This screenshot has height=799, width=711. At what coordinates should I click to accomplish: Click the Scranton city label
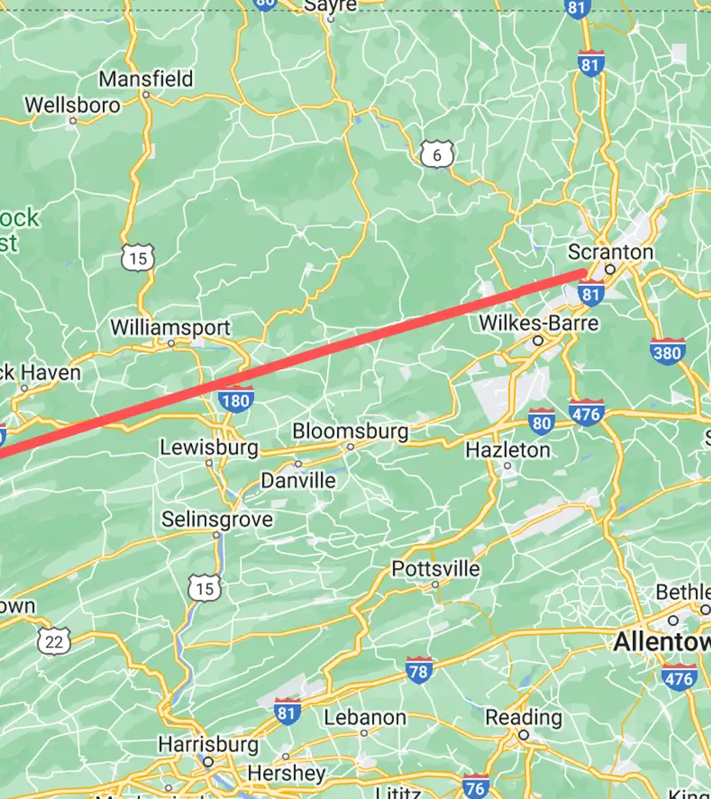coord(610,252)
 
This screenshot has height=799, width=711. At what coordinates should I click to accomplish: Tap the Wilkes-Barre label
coord(539,322)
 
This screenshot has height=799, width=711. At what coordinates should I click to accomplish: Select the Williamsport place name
coord(171,328)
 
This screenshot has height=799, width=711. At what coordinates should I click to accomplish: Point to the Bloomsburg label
coord(351,431)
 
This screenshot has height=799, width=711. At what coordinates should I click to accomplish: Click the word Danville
coord(298,480)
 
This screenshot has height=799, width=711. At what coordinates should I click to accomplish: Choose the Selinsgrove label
coord(217,519)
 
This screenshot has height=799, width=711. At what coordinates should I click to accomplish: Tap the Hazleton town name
coord(507,450)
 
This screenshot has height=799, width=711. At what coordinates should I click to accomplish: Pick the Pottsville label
coord(435,568)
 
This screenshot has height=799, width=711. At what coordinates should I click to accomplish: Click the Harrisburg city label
coord(208,743)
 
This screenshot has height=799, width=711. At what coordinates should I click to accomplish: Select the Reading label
coord(523,716)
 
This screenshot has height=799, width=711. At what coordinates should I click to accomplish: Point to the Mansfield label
coord(146,79)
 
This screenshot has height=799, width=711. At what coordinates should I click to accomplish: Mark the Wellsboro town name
coord(72,105)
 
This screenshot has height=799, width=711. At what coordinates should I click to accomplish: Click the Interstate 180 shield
coord(236,400)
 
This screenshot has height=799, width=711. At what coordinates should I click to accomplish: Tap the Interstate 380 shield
coord(667,352)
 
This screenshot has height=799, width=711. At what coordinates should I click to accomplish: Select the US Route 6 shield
coord(436,155)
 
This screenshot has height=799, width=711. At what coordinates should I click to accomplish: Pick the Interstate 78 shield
coord(420,671)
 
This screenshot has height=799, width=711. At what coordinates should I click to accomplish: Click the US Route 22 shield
coord(54,642)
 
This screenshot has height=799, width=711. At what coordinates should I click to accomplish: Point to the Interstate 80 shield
coord(542,421)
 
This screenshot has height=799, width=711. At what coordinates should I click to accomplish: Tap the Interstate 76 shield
coord(476,787)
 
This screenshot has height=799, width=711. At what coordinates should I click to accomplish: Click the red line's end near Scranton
coord(584,273)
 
